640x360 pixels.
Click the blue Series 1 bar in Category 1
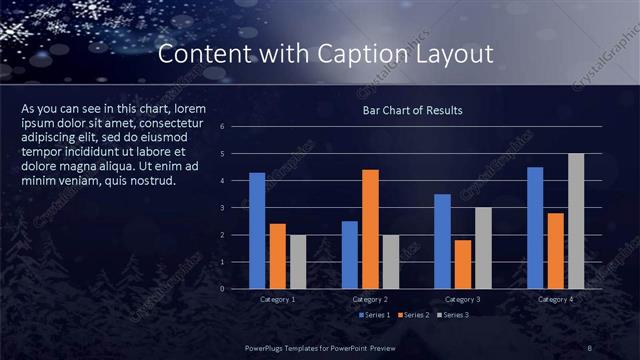click(x=257, y=231)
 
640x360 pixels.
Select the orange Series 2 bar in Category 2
click(x=370, y=229)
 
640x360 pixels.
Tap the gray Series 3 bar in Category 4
click(x=576, y=221)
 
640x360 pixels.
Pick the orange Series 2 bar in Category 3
click(x=463, y=264)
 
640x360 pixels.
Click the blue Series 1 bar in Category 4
click(x=535, y=228)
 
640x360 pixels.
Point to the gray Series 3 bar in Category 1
click(x=298, y=262)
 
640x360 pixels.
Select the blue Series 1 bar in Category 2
click(x=349, y=255)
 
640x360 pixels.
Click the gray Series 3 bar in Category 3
click(x=483, y=248)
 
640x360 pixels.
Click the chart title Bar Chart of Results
click(x=412, y=110)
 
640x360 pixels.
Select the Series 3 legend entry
click(x=452, y=315)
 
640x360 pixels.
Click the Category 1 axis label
click(x=277, y=299)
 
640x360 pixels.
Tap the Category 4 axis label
click(x=555, y=299)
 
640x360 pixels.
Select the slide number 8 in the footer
click(x=589, y=347)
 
